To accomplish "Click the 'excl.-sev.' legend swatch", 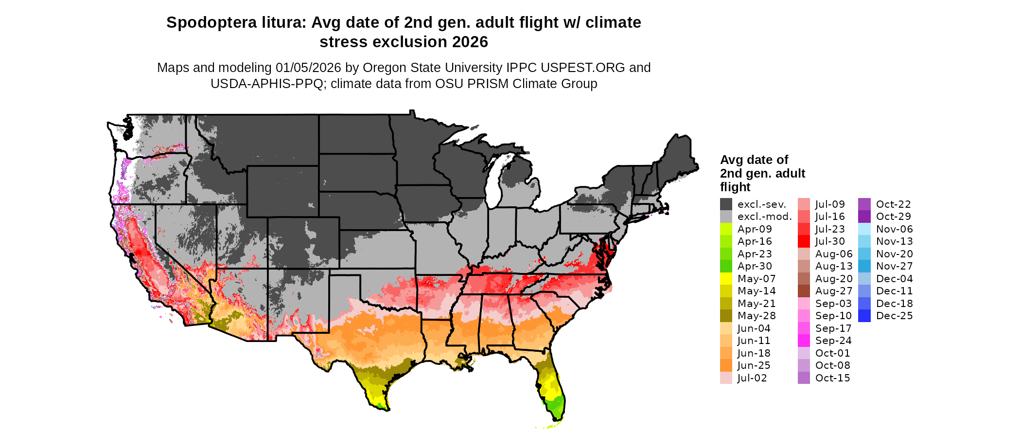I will coord(726,204).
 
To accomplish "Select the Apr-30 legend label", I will coord(755,266).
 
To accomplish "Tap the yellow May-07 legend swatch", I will coord(726,279).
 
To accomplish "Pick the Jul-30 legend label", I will coord(830,241).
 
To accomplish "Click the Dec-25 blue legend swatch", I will coord(864,316).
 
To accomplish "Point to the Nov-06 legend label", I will coord(895,229).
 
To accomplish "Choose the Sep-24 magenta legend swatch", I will coord(804,341).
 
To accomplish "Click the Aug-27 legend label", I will coord(834,291).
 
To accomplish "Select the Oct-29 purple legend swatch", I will coord(864,217).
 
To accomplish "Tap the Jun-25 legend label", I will coord(754,365).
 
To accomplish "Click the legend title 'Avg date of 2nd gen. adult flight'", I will coord(762,173).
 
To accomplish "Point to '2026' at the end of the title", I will coord(470,42).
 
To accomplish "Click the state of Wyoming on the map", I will coord(282,191).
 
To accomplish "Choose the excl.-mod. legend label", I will coord(764,217).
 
